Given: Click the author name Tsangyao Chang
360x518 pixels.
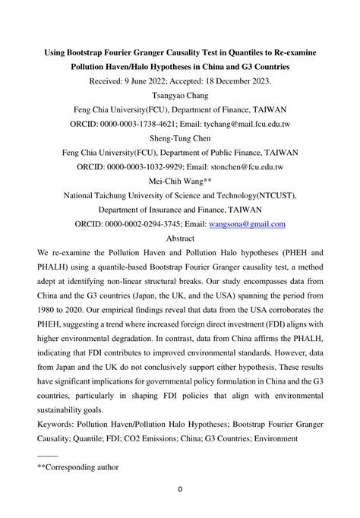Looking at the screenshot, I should pyautogui.click(x=180, y=95).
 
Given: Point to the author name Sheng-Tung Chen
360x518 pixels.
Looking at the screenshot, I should pyautogui.click(x=180, y=138).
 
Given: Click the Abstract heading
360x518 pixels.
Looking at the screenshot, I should pyautogui.click(x=180, y=238).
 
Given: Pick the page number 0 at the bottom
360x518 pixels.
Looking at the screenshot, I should pyautogui.click(x=180, y=489).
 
